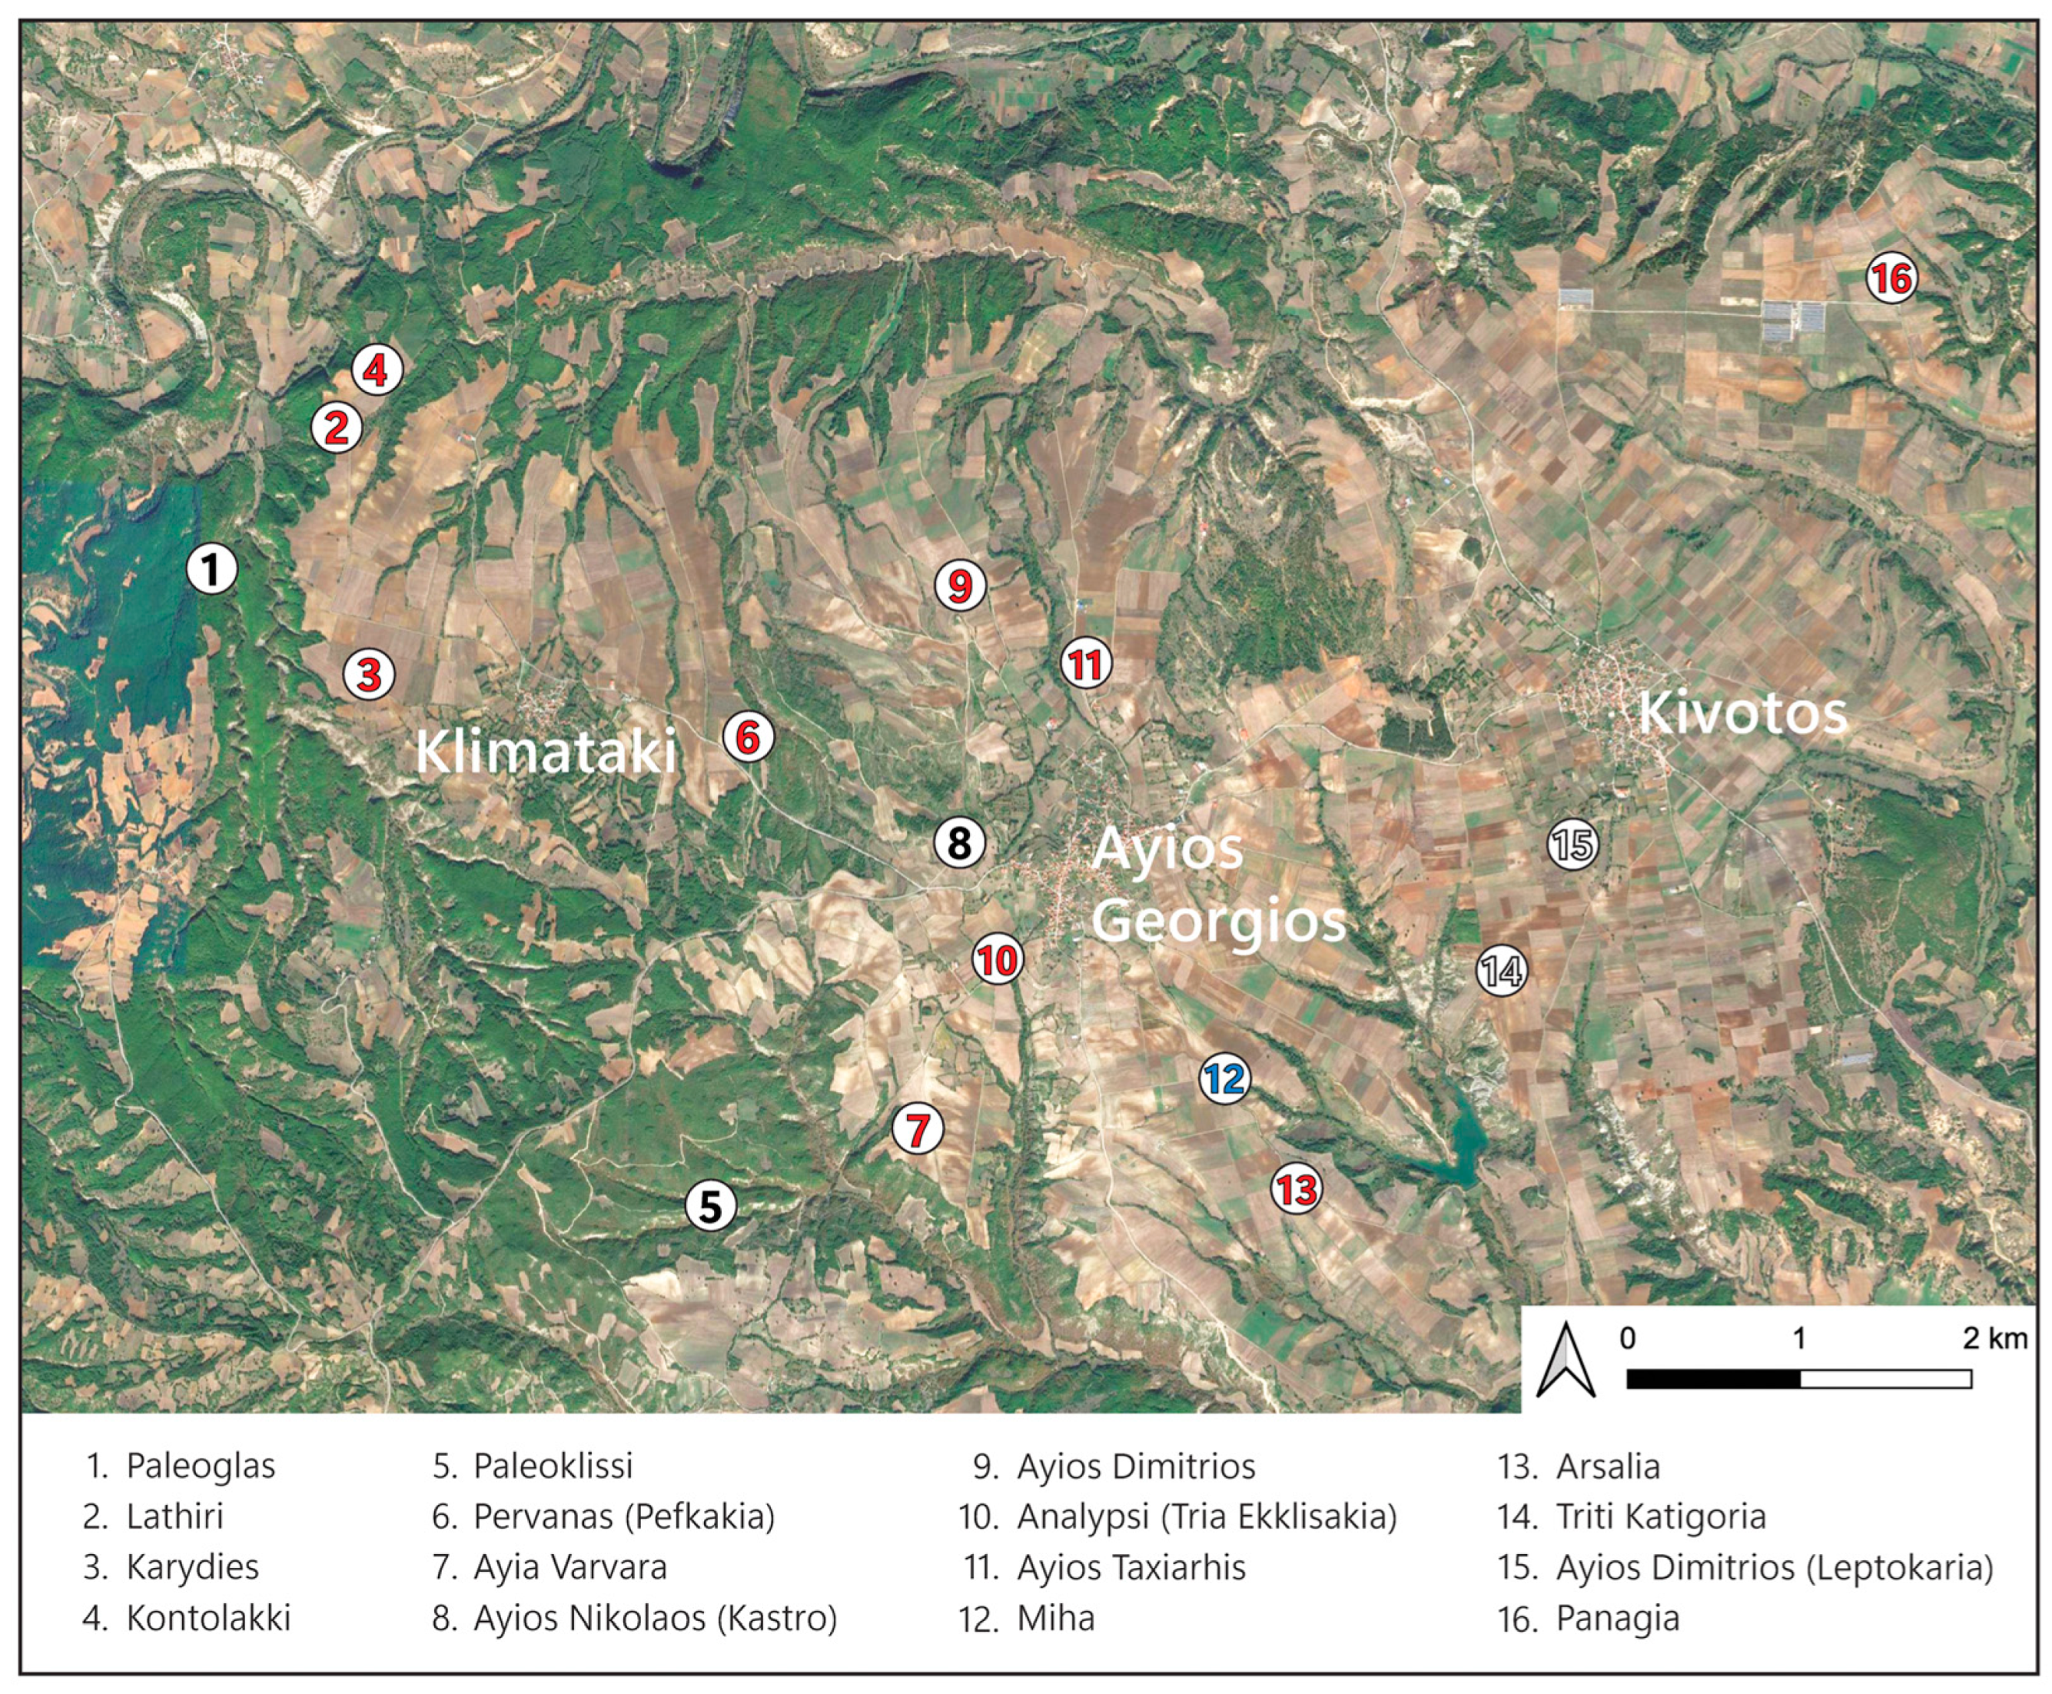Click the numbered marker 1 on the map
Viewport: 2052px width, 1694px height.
tap(212, 568)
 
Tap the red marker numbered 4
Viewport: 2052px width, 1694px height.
tap(377, 370)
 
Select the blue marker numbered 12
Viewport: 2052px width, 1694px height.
tap(1224, 1078)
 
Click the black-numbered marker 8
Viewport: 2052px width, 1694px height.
tap(959, 842)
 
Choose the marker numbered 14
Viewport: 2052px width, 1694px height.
tap(1501, 970)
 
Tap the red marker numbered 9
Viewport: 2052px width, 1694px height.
tap(960, 586)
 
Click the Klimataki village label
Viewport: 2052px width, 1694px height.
tap(546, 752)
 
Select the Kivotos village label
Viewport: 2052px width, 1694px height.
tap(1742, 713)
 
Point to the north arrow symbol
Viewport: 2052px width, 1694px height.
tap(1565, 1360)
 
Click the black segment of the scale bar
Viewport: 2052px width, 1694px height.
tap(1712, 1379)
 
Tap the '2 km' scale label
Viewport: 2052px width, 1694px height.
tap(1994, 1338)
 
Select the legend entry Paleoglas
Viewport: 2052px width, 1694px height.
tap(200, 1466)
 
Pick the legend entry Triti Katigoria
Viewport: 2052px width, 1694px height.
tap(1660, 1516)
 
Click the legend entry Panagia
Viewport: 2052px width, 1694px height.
tap(1617, 1618)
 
